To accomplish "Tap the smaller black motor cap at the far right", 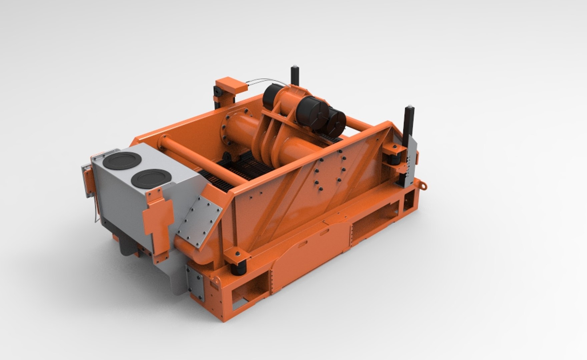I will pos(336,121).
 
